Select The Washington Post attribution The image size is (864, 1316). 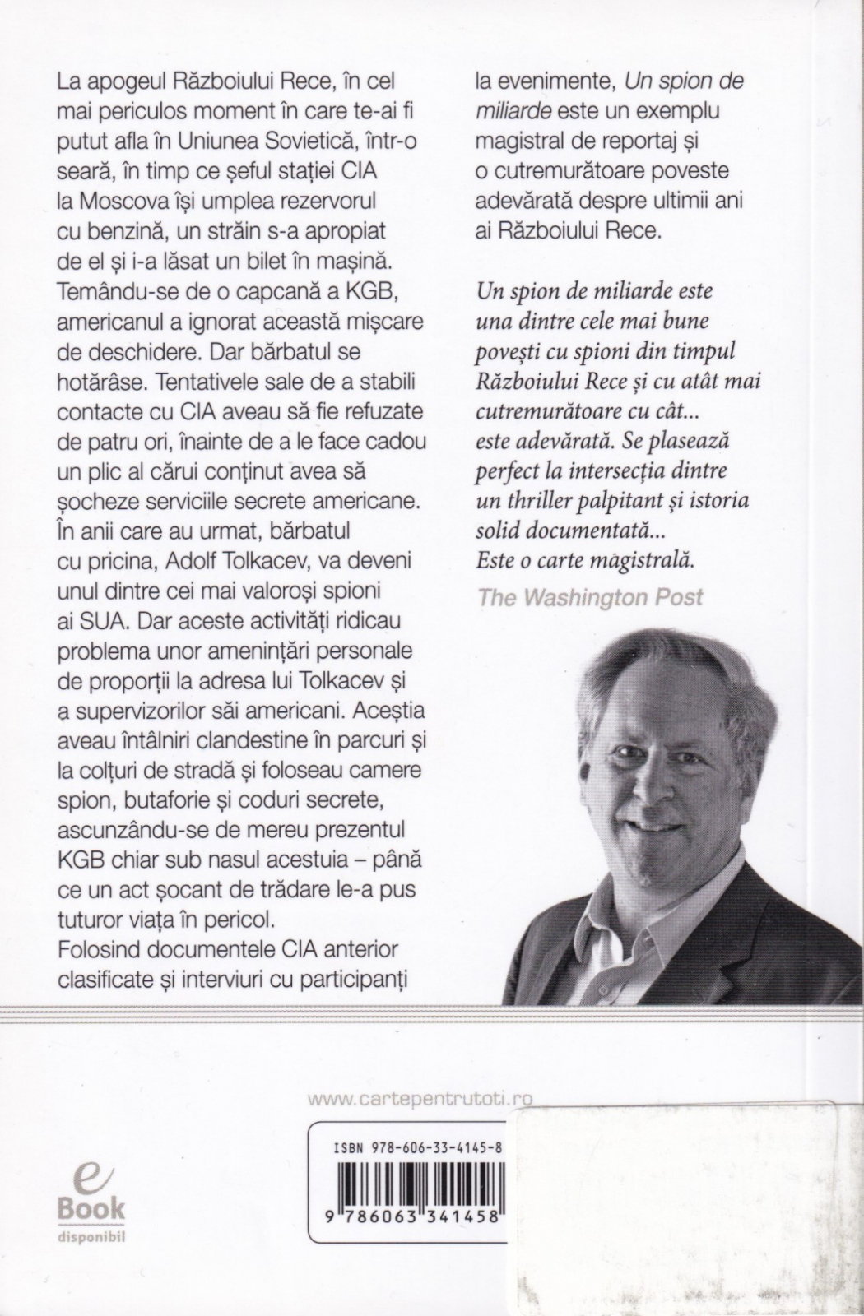[590, 596]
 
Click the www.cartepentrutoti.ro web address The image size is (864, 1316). [419, 1098]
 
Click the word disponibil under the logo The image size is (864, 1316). [91, 1235]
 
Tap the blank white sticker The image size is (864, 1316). [683, 1201]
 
